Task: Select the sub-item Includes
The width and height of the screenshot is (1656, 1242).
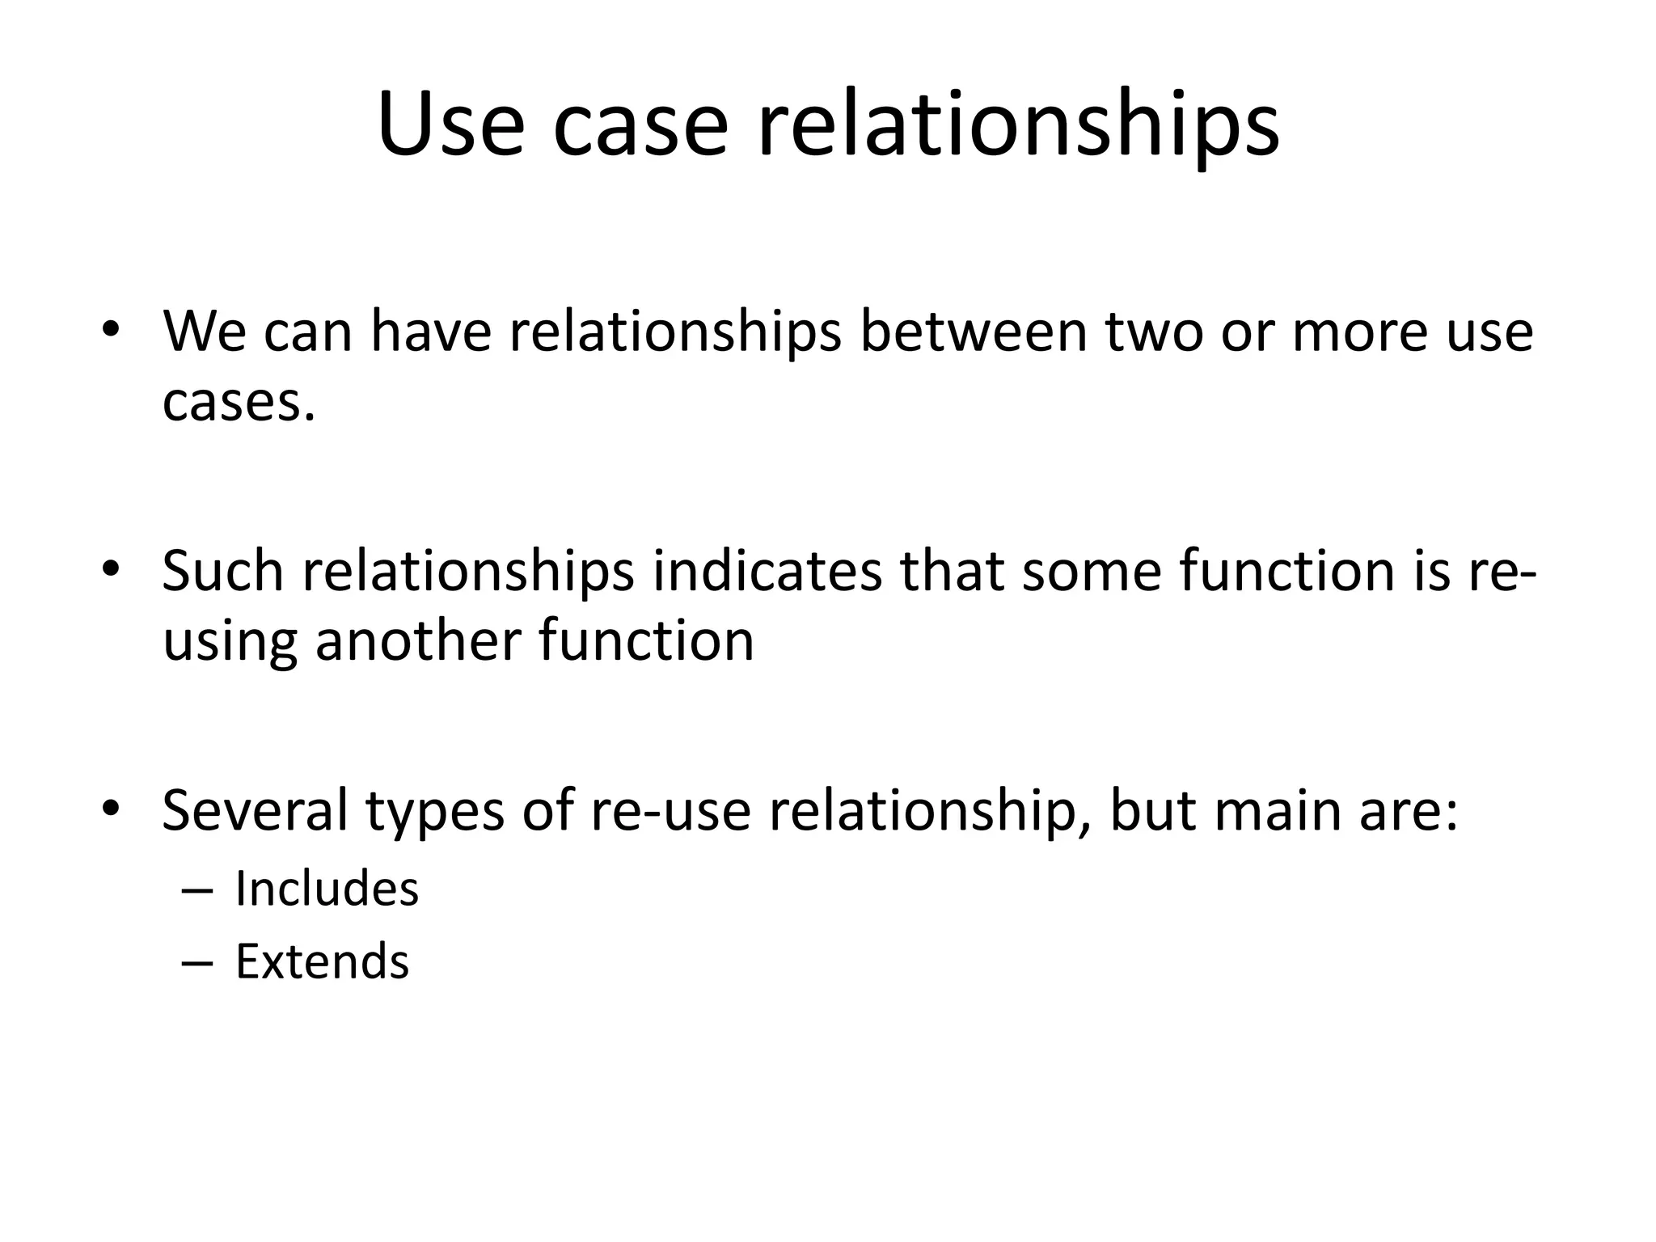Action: click(x=327, y=889)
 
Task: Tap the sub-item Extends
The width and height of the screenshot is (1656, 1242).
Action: click(x=322, y=961)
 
